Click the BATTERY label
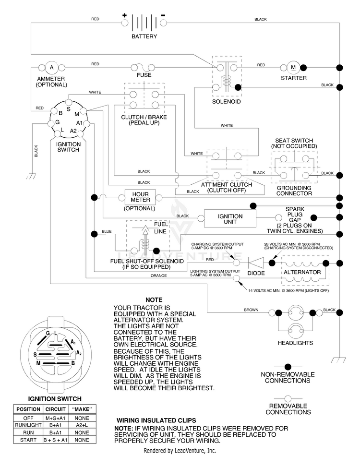[x=144, y=36]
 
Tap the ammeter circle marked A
[x=52, y=68]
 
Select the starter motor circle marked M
[x=293, y=68]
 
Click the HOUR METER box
[x=140, y=197]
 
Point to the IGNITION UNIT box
[x=230, y=219]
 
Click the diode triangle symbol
[x=256, y=263]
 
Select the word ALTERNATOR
[x=302, y=272]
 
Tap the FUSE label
[x=144, y=75]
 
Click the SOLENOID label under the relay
[x=226, y=102]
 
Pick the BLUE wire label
[x=107, y=231]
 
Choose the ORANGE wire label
[x=159, y=275]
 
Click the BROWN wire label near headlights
[x=251, y=310]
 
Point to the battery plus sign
[x=124, y=16]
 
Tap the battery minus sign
[x=163, y=15]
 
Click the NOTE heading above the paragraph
[x=154, y=300]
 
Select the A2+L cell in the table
[x=82, y=425]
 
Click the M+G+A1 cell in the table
[x=55, y=418]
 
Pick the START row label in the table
[x=28, y=440]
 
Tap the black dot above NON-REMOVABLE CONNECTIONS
[x=288, y=367]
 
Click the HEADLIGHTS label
[x=295, y=343]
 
